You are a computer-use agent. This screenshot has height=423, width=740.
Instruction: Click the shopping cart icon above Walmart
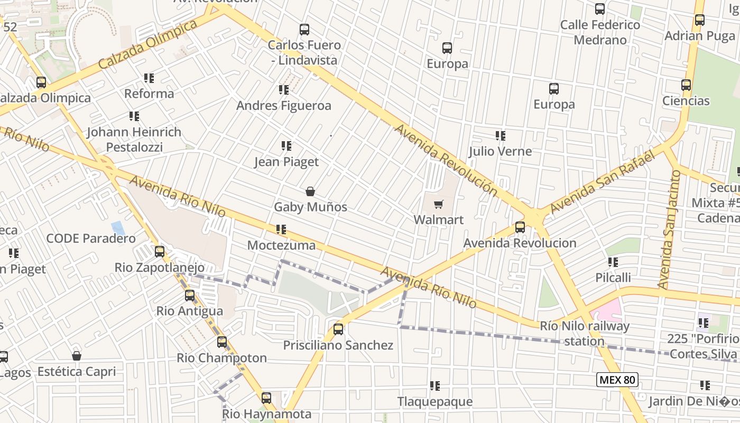438,205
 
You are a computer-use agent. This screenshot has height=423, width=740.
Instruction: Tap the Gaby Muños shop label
310,207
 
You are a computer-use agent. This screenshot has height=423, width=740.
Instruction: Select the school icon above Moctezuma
281,229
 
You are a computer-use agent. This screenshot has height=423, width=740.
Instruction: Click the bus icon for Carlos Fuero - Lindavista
304,30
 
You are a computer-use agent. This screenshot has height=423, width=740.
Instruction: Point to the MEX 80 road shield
617,379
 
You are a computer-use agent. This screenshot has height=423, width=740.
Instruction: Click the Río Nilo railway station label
584,334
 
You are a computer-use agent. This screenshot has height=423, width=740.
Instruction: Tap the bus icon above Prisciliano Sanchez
338,329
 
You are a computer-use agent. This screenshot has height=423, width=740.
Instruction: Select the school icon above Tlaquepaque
435,386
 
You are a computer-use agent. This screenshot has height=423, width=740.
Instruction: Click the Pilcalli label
613,278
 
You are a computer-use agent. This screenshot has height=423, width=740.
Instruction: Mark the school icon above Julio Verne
500,136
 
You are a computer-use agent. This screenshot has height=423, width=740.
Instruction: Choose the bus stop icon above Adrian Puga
699,20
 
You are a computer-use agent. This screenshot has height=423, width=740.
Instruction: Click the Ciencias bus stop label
686,101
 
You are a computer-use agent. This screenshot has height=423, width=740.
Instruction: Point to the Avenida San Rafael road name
603,182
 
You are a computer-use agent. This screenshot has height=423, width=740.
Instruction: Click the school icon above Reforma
149,78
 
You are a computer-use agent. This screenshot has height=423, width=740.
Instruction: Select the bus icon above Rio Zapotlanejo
159,252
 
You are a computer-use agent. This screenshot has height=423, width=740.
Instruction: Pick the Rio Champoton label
221,358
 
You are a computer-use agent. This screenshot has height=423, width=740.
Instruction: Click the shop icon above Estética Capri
77,356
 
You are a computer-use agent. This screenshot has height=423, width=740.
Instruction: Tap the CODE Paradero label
91,238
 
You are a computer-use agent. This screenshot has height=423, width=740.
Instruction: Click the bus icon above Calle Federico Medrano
599,9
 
